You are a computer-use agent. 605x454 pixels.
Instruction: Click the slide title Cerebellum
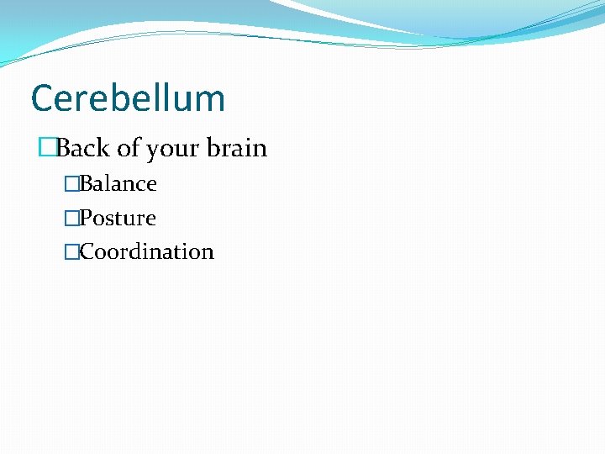coord(128,98)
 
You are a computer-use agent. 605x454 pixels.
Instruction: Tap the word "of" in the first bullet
coord(128,149)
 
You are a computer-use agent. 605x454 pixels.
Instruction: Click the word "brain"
coord(237,149)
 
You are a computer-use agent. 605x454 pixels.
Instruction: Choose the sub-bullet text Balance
coord(118,183)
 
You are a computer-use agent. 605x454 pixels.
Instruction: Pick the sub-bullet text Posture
coord(118,218)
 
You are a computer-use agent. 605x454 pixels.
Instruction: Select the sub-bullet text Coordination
coord(147,251)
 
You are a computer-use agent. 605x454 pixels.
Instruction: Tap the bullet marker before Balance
coord(71,183)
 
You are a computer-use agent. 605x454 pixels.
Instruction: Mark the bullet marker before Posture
coord(71,218)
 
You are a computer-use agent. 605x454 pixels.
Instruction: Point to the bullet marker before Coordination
coord(71,251)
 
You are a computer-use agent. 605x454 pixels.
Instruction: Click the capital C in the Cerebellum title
coord(41,98)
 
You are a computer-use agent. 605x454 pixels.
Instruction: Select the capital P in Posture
coord(86,218)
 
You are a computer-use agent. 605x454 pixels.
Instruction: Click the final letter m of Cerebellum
coord(210,100)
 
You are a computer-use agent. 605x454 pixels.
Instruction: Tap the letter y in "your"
coord(152,151)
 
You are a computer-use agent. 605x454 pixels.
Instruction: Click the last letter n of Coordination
coord(208,252)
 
